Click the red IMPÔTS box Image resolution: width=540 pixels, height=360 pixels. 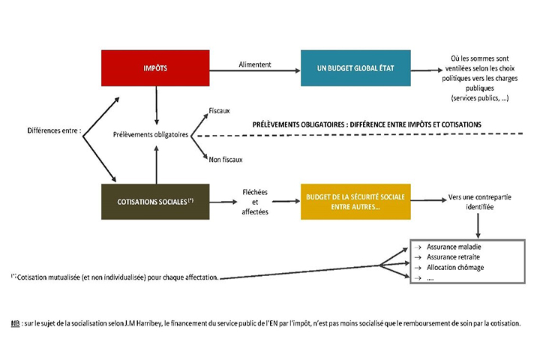click(x=155, y=67)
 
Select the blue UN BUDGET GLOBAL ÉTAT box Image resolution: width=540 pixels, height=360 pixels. click(x=356, y=67)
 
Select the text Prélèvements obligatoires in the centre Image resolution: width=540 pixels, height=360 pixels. click(x=151, y=136)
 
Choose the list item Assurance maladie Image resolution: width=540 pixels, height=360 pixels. click(x=454, y=247)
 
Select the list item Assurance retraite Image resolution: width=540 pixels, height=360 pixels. click(x=453, y=256)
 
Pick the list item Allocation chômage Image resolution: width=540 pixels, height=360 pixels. click(x=455, y=267)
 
